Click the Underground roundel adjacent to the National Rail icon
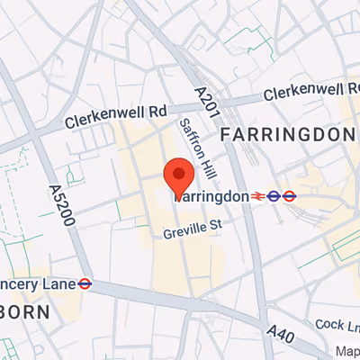[x=273, y=195]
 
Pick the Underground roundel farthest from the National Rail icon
[x=290, y=195]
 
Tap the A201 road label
[x=202, y=101]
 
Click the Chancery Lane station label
[x=35, y=283]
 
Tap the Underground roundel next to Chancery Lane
[x=85, y=283]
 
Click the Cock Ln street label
[x=337, y=323]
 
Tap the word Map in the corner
[x=346, y=351]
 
